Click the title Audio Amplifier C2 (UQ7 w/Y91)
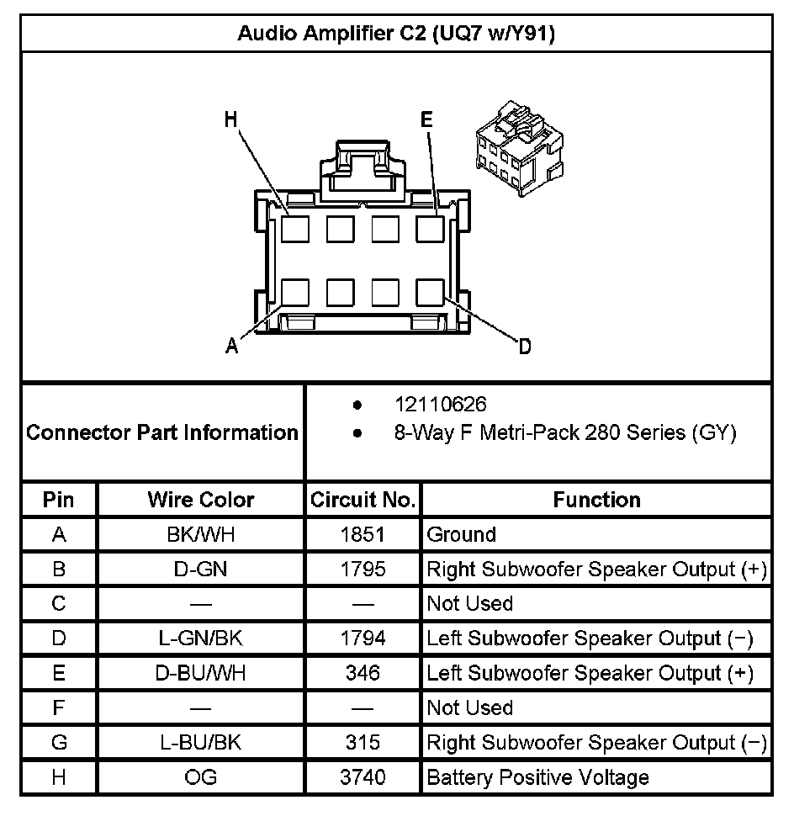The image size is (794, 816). point(396,34)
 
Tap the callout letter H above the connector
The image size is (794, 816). point(230,119)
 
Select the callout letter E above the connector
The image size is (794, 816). point(426,119)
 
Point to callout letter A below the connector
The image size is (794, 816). point(232,345)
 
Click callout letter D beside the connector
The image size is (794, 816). point(524,346)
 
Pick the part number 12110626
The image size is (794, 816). point(440,405)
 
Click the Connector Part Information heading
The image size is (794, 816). point(162,432)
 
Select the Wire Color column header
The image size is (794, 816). point(201,500)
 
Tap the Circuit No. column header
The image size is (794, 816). point(363,500)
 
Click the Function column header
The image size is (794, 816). point(596,500)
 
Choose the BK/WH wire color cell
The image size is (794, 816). point(201,534)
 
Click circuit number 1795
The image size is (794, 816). point(363,570)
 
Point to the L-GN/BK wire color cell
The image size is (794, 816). point(201,638)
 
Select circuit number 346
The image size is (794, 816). point(363,673)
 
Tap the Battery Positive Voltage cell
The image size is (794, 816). point(537,777)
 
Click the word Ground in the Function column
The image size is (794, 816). point(462,534)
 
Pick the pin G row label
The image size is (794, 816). point(59,743)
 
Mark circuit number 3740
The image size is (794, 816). point(363,777)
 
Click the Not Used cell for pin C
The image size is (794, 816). point(470,604)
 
